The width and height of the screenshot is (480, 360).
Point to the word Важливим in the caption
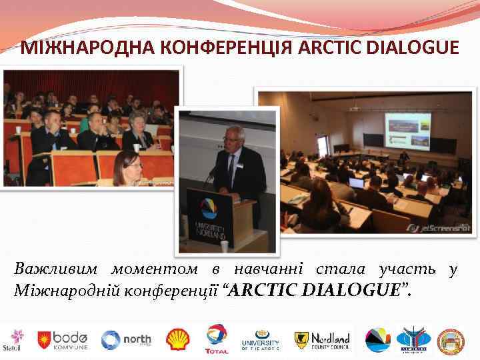57,269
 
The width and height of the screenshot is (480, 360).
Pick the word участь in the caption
407,269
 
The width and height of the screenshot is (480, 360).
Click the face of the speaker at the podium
234,136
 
